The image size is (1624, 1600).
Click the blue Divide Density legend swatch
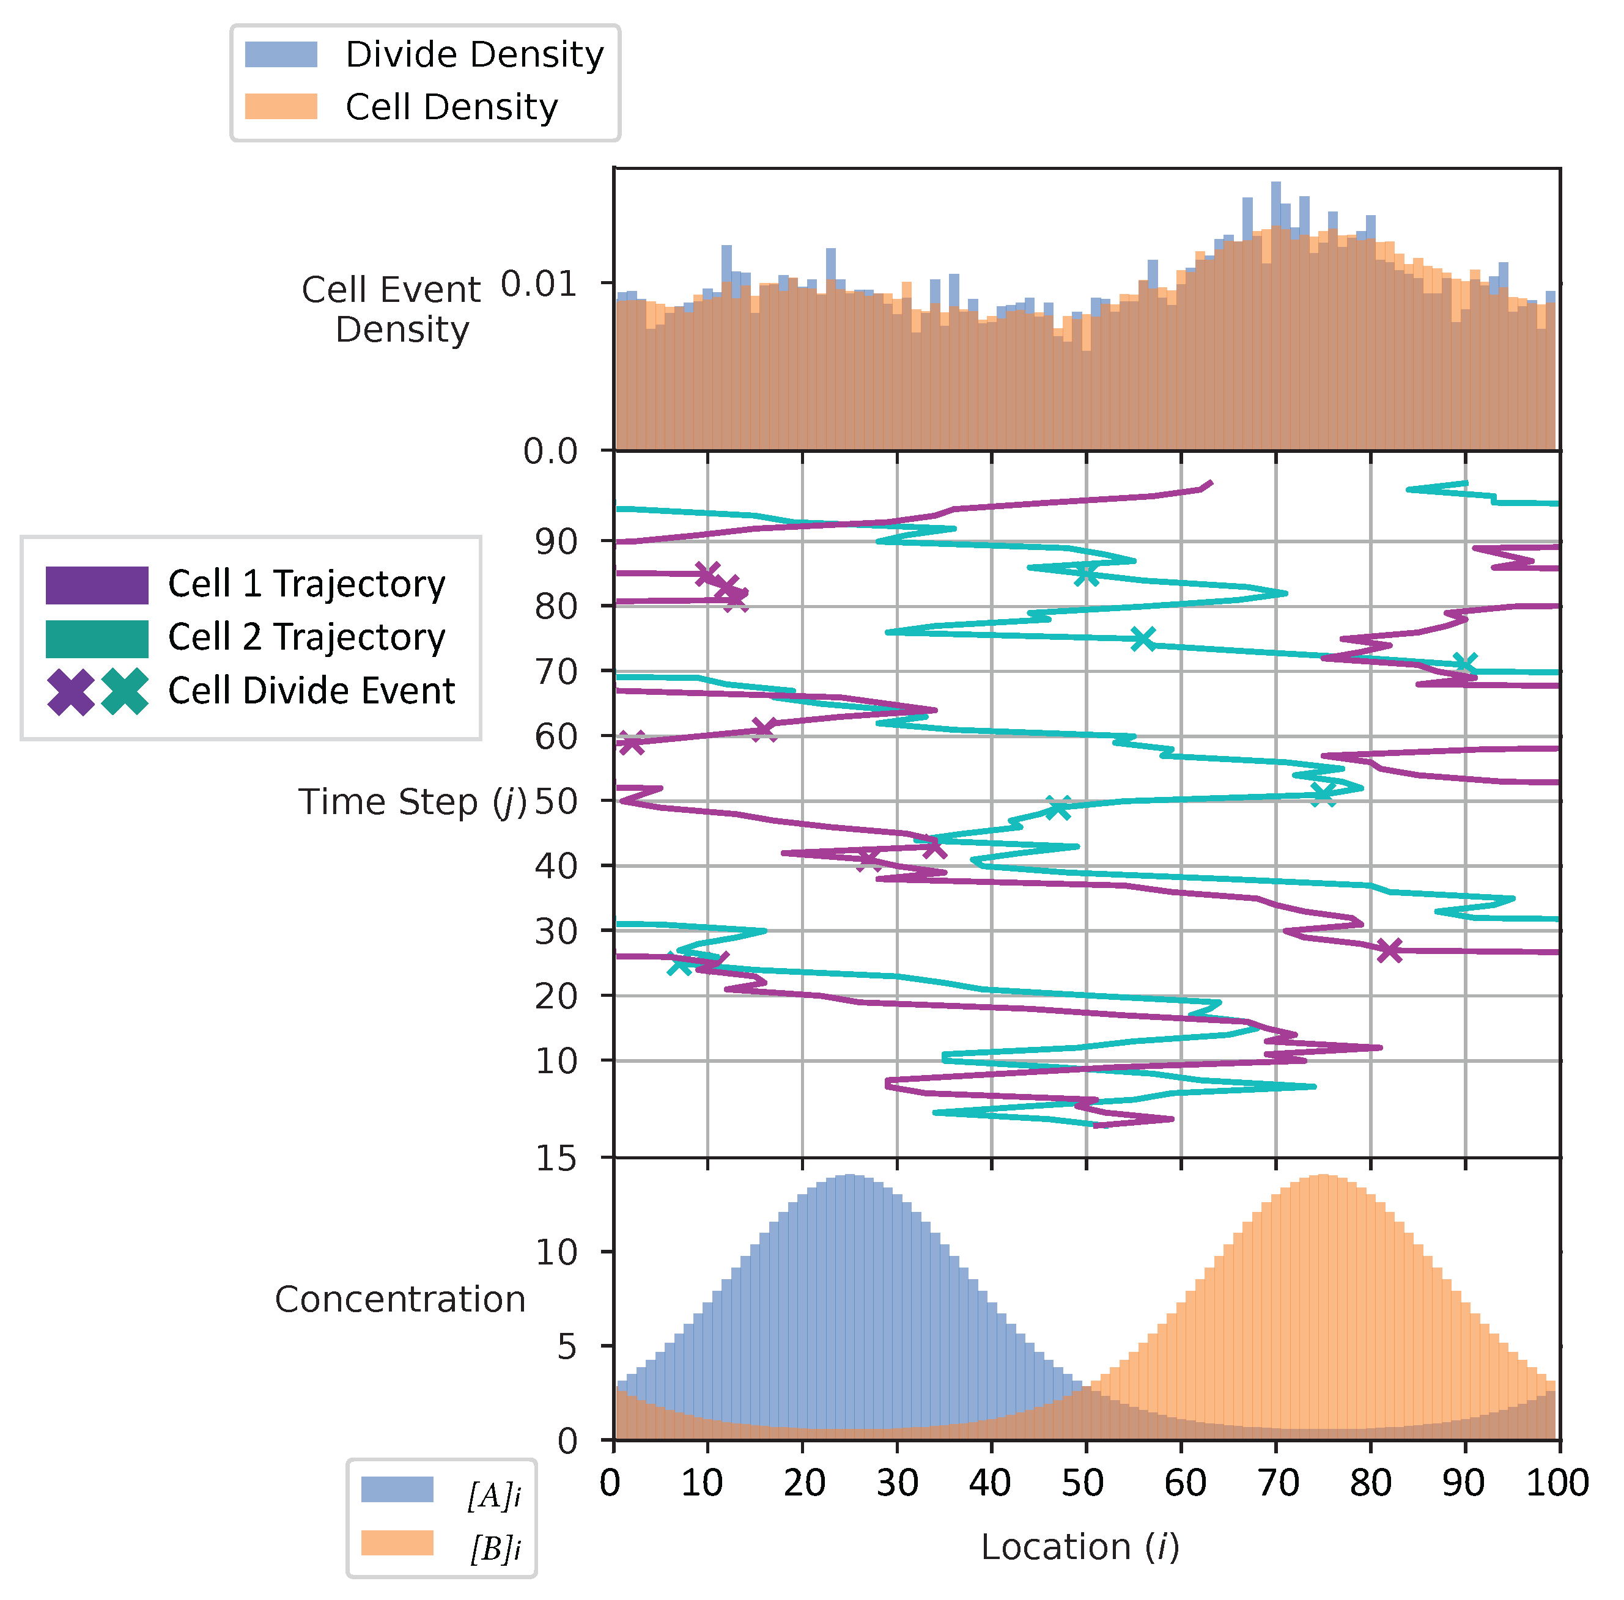(281, 54)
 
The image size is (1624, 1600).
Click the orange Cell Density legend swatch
(281, 107)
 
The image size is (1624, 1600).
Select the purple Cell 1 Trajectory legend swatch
(97, 585)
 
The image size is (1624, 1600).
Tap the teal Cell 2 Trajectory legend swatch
(97, 639)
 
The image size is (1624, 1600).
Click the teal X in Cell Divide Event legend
(125, 692)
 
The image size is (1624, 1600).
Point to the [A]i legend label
(494, 1497)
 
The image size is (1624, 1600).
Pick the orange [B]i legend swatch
(397, 1543)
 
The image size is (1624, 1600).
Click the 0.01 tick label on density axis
(539, 284)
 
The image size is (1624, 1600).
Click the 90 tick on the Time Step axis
(556, 541)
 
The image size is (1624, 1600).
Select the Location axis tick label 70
(1278, 1483)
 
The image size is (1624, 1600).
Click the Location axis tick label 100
(1557, 1483)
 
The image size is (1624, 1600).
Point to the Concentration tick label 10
(556, 1253)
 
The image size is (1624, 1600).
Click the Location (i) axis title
(1080, 1547)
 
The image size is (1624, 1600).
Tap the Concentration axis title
(400, 1299)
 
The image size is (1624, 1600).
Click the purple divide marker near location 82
(1389, 950)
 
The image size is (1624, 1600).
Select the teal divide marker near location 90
(1465, 664)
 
